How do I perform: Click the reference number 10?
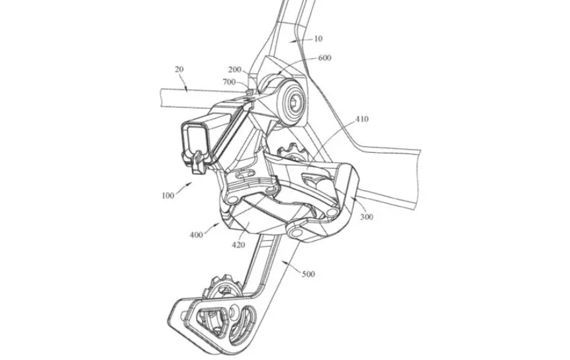coord(318,38)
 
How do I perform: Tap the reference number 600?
coord(324,58)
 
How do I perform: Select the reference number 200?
coord(235,69)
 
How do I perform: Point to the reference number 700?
coord(229,82)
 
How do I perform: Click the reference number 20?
coord(179,69)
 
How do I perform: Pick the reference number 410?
coord(361,119)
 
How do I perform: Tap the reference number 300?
coord(367,217)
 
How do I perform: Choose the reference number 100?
coord(168,195)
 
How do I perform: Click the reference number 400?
coord(197,235)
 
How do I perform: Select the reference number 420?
coord(238,245)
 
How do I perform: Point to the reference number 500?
coord(309,274)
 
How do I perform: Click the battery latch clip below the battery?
coord(197,163)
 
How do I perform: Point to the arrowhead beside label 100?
coord(189,184)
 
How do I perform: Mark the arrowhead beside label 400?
coord(217,225)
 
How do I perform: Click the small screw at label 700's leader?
coord(250,91)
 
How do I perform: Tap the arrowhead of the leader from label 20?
coord(185,88)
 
